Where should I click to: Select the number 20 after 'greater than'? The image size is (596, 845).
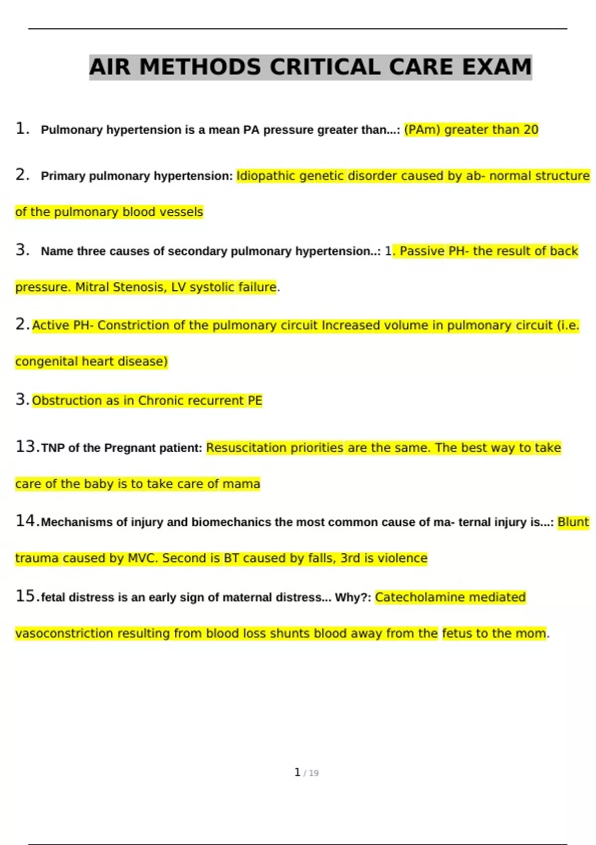click(x=530, y=130)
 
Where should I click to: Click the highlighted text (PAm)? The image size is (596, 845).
click(x=422, y=130)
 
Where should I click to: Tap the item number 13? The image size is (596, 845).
click(x=27, y=446)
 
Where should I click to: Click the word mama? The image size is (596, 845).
click(x=241, y=484)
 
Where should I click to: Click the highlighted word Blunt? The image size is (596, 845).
click(x=573, y=522)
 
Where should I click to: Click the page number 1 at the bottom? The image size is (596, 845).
click(x=298, y=772)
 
